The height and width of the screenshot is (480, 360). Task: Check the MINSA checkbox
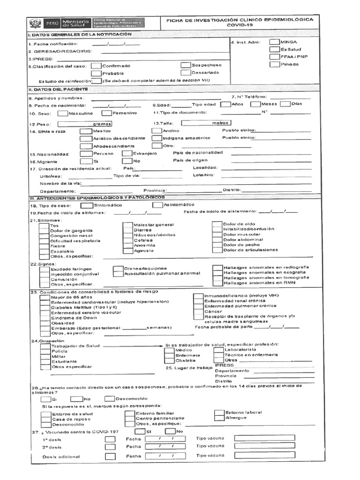pyautogui.click(x=275, y=42)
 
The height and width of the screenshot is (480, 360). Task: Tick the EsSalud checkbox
pyautogui.click(x=275, y=49)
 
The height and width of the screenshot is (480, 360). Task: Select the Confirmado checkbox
pyautogui.click(x=96, y=66)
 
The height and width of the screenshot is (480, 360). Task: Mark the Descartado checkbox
pyautogui.click(x=185, y=73)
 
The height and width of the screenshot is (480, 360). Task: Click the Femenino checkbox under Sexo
pyautogui.click(x=106, y=113)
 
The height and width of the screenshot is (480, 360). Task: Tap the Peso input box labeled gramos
pyautogui.click(x=85, y=124)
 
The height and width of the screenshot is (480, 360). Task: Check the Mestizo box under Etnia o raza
pyautogui.click(x=85, y=131)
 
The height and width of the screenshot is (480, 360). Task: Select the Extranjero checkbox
pyautogui.click(x=127, y=153)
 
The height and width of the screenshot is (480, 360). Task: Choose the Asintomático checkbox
pyautogui.click(x=157, y=205)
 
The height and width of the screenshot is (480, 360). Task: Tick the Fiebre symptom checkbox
pyautogui.click(x=44, y=245)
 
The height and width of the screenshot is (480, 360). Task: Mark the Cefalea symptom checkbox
pyautogui.click(x=127, y=240)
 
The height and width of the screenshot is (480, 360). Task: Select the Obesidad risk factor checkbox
pyautogui.click(x=45, y=323)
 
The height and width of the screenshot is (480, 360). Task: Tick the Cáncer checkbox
pyautogui.click(x=197, y=311)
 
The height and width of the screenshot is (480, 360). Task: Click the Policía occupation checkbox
pyautogui.click(x=45, y=351)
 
